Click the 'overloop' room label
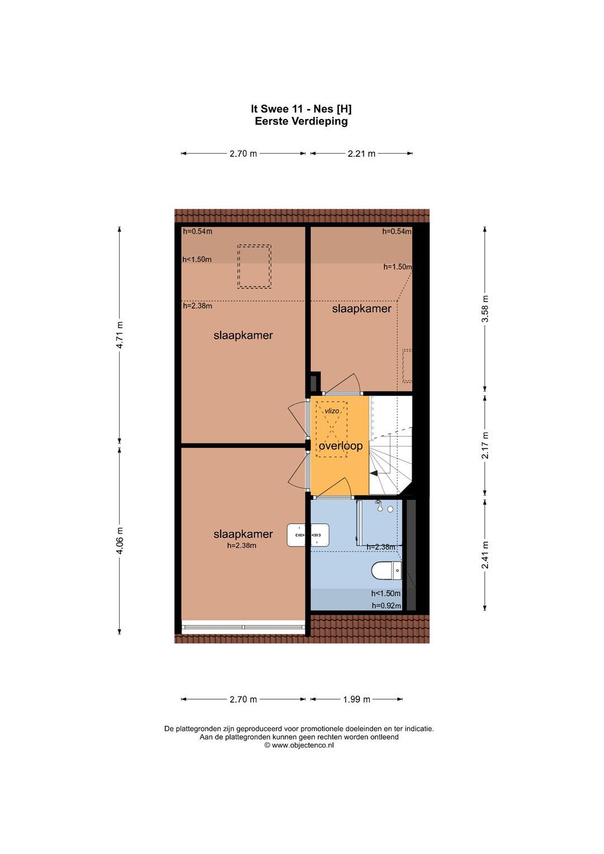pyautogui.click(x=341, y=446)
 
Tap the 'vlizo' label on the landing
pyautogui.click(x=332, y=411)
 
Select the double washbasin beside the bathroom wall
pyautogui.click(x=308, y=535)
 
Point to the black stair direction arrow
pyautogui.click(x=373, y=473)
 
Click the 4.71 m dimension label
pyautogui.click(x=120, y=335)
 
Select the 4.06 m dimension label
pyautogui.click(x=120, y=541)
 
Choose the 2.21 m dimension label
pyautogui.click(x=361, y=154)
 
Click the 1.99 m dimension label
pyautogui.click(x=357, y=699)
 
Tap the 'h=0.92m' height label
pyautogui.click(x=386, y=606)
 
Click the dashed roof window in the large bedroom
pyautogui.click(x=254, y=266)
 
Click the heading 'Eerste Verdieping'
pyautogui.click(x=301, y=121)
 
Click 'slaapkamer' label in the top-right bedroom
pyautogui.click(x=361, y=309)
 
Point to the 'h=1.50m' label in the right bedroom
pyautogui.click(x=398, y=267)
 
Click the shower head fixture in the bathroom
pyautogui.click(x=379, y=504)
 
